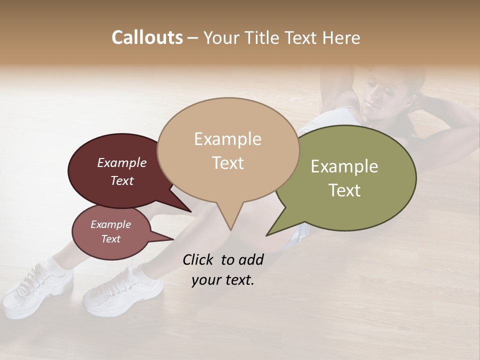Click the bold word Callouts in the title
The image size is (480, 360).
pyautogui.click(x=147, y=37)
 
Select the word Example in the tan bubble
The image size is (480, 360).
pyautogui.click(x=227, y=139)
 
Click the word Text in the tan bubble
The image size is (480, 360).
pyautogui.click(x=227, y=162)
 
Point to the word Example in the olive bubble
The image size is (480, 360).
pyautogui.click(x=344, y=166)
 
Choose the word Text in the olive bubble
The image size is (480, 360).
pyautogui.click(x=344, y=190)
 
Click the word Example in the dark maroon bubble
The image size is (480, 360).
pyautogui.click(x=121, y=162)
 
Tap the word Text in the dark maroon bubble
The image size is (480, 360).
pyautogui.click(x=121, y=180)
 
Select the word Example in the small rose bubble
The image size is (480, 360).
pyautogui.click(x=110, y=224)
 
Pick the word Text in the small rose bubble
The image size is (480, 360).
pyautogui.click(x=110, y=239)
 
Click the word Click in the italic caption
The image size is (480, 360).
pyautogui.click(x=199, y=259)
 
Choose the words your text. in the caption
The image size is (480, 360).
pyautogui.click(x=223, y=280)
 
